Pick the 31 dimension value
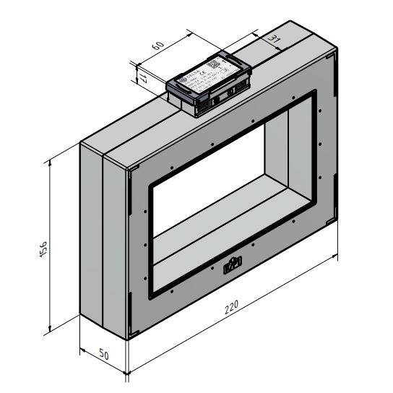274,38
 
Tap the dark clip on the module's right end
243,67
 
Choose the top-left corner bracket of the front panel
133,170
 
